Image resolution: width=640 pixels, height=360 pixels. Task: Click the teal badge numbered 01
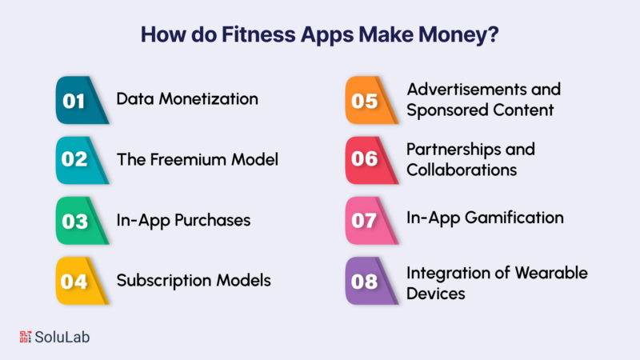point(81,100)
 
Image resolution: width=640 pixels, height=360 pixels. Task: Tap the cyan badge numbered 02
point(81,160)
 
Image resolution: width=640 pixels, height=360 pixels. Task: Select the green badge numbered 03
point(81,221)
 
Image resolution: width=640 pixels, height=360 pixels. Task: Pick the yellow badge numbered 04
point(81,281)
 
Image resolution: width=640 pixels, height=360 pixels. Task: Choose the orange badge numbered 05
point(370,100)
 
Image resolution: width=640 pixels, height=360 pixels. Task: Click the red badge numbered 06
point(370,160)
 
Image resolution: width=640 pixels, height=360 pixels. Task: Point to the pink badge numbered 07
point(370,221)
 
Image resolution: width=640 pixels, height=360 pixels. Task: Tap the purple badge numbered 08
point(370,281)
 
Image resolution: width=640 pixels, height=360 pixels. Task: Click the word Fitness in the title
point(258,34)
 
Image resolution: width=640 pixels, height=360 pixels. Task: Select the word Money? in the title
point(458,35)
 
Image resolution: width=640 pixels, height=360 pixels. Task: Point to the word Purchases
point(213,220)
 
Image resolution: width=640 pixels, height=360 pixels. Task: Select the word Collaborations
point(462,170)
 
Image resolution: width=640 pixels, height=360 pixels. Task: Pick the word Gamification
point(514,218)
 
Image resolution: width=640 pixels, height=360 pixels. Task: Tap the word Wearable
point(552,273)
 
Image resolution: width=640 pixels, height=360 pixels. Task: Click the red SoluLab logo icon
point(26,337)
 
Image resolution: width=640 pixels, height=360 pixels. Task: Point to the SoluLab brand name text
point(62,337)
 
